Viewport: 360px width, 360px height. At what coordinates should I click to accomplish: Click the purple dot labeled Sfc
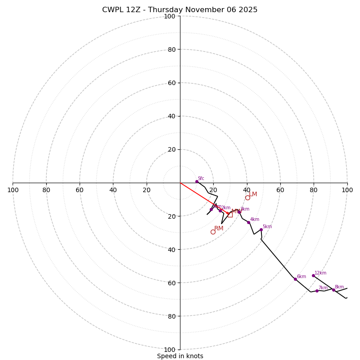point(197,181)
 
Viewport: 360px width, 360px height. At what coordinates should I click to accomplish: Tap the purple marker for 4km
point(248,222)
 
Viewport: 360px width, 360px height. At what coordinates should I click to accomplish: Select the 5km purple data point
point(261,229)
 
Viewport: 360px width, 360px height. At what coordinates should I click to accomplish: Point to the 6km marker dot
point(295,279)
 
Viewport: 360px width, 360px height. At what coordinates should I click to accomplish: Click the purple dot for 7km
point(317,291)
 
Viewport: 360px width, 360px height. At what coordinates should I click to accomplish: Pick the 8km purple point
point(333,290)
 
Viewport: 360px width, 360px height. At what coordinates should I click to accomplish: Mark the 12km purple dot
point(313,275)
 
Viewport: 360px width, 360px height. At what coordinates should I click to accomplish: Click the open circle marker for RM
point(213,232)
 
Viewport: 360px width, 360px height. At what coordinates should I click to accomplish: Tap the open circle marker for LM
point(247,198)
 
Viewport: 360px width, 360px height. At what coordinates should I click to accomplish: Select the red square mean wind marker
point(230,215)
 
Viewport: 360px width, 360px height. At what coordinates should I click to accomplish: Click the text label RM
point(219,228)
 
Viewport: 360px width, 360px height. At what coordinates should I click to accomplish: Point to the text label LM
point(253,194)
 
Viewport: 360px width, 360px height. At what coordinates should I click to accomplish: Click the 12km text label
point(320,273)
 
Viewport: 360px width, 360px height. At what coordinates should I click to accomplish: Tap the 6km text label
point(301,276)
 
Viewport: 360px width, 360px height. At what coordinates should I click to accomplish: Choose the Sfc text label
point(201,178)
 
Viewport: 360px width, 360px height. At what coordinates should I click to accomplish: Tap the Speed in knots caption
point(180,356)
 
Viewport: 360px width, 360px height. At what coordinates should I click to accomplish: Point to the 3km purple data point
point(239,211)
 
